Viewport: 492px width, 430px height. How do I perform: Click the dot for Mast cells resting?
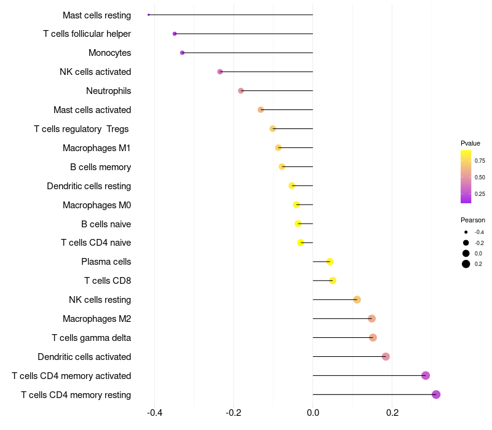coord(149,15)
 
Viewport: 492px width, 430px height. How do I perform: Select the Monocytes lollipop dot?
coord(182,53)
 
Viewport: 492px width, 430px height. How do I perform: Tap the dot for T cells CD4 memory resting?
coord(436,394)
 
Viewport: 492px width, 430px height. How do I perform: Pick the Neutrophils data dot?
coord(240,91)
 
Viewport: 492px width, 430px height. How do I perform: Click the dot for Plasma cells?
coord(330,262)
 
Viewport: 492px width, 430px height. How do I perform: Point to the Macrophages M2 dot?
coord(371,319)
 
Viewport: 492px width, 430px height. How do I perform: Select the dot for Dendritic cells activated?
coord(386,357)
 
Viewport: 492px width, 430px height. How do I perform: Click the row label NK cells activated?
coord(95,72)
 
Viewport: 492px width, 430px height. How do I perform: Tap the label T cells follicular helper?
coord(87,34)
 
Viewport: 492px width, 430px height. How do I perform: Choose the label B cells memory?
coord(100,167)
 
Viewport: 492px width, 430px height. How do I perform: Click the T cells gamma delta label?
coord(91,338)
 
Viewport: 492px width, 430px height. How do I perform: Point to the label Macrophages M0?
coord(97,205)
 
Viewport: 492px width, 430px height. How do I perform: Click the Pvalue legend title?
coord(470,143)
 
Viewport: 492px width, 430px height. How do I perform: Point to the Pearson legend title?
coord(473,220)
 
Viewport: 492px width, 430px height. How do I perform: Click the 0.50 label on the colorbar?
coord(480,178)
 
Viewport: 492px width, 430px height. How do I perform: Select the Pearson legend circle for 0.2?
coord(466,264)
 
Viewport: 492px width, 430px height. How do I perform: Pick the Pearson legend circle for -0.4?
coord(466,232)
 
